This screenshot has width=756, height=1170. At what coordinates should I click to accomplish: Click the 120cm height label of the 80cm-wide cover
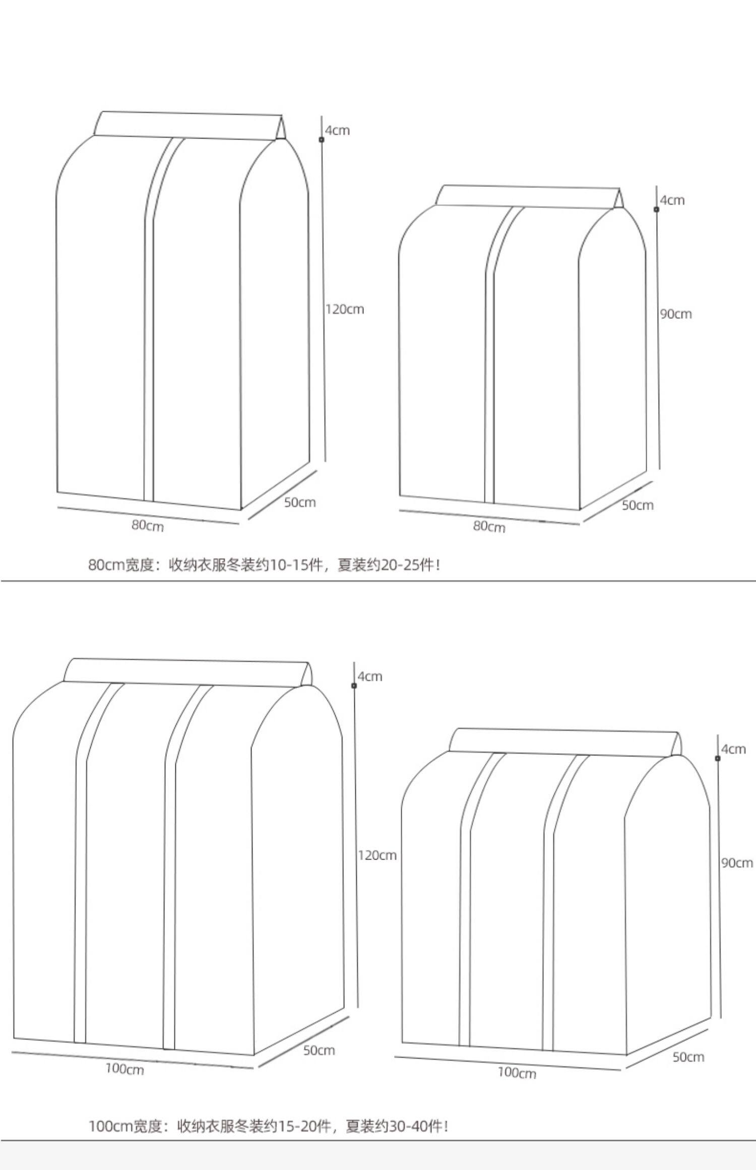point(345,309)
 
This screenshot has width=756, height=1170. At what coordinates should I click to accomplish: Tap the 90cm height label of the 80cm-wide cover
point(676,314)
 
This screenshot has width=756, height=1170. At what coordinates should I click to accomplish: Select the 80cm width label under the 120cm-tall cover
point(148,525)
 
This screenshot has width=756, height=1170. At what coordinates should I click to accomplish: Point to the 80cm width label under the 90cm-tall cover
point(489,527)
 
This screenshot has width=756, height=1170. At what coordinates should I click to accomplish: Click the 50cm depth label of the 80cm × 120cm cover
point(300,502)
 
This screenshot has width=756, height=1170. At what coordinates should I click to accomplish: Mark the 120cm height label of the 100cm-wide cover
point(377,855)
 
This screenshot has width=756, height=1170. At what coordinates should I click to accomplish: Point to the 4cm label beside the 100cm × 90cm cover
point(733,749)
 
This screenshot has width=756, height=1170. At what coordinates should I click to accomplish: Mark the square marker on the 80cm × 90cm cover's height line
point(656,209)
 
